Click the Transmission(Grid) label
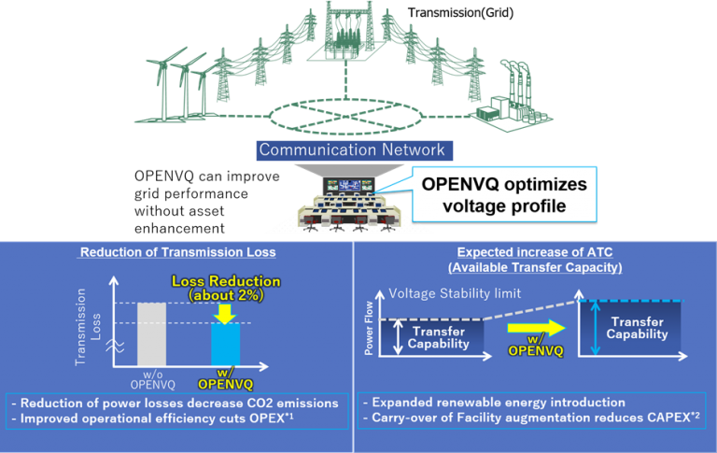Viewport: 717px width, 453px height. (460, 13)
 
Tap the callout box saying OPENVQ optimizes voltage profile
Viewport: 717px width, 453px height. (504, 194)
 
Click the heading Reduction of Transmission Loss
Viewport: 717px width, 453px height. (178, 252)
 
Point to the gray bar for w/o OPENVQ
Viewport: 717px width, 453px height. (152, 334)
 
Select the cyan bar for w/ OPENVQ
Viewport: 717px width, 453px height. (225, 344)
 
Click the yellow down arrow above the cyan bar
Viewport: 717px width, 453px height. (224, 314)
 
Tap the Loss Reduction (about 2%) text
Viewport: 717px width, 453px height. (226, 288)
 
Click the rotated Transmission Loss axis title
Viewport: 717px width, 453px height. (88, 327)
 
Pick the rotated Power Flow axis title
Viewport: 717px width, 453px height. (369, 328)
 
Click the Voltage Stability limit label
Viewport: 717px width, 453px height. (455, 293)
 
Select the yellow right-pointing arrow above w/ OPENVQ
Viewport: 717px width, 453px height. (537, 328)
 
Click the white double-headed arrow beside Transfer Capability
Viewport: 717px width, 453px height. (399, 337)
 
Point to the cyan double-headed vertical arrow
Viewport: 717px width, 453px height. (595, 328)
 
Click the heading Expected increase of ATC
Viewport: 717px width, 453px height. (535, 252)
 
